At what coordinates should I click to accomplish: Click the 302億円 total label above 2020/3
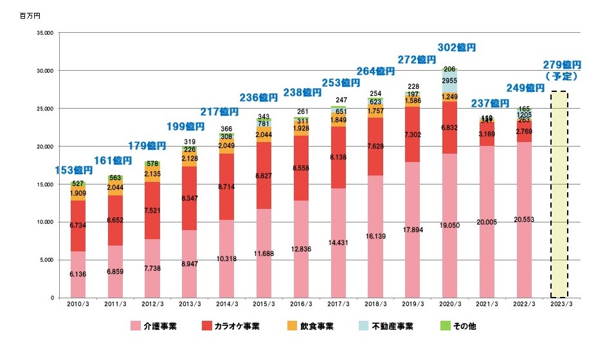(456, 48)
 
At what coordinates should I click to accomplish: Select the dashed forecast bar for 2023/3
(560, 193)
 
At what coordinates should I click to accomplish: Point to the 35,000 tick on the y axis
(45, 32)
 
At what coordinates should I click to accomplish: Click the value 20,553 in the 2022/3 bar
(525, 220)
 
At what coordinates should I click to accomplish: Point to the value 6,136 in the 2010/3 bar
(78, 274)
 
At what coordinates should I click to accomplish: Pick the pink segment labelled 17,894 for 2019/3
(413, 230)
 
